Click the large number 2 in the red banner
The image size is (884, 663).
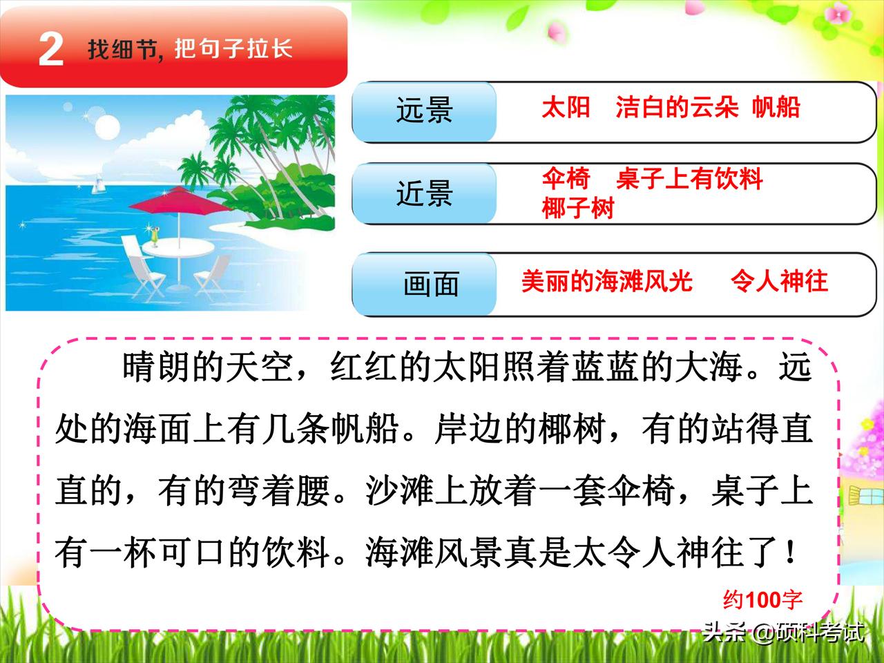pyautogui.click(x=51, y=50)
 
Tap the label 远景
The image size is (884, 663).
pyautogui.click(x=424, y=110)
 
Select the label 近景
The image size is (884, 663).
pyautogui.click(x=424, y=194)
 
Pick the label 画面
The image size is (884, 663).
pyautogui.click(x=431, y=284)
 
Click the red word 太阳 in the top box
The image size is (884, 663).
pyautogui.click(x=566, y=108)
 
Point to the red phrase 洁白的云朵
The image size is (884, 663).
pyautogui.click(x=677, y=108)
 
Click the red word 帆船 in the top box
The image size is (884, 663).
pyautogui.click(x=776, y=108)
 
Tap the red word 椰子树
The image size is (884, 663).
pyautogui.click(x=578, y=208)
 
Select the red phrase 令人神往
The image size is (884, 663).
pyautogui.click(x=779, y=281)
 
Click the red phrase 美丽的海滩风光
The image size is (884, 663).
pyautogui.click(x=606, y=281)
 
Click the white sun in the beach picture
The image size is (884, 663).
pyautogui.click(x=106, y=127)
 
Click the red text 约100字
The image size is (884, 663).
pyautogui.click(x=762, y=599)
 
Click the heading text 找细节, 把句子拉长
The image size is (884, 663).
pyautogui.click(x=190, y=49)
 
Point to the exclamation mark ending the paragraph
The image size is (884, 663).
pyautogui.click(x=790, y=552)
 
